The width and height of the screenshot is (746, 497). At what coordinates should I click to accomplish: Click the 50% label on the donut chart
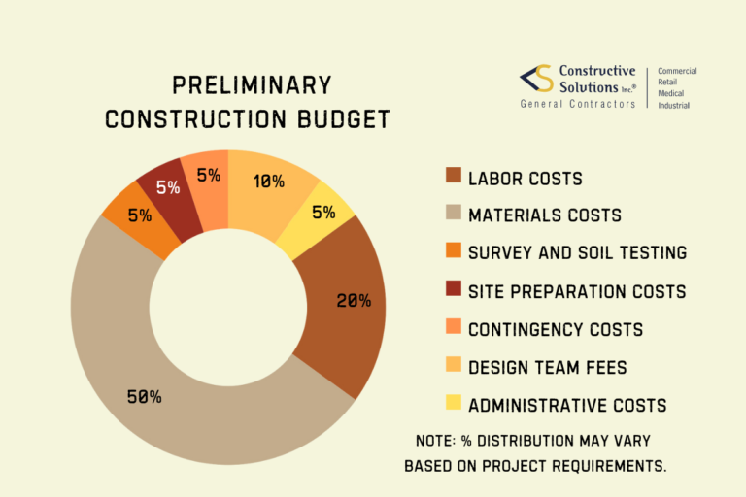(144, 396)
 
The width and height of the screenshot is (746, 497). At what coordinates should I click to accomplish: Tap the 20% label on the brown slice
(353, 301)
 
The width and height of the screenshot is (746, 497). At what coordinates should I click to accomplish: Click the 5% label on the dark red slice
(167, 187)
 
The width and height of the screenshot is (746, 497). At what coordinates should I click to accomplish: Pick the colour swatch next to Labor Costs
(452, 178)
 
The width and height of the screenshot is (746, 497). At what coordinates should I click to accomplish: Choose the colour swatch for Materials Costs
(452, 215)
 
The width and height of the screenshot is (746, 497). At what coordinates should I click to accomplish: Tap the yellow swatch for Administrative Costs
(452, 405)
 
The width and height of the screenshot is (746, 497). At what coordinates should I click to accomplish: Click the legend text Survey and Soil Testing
(577, 253)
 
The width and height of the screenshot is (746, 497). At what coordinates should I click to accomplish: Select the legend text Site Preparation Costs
(577, 291)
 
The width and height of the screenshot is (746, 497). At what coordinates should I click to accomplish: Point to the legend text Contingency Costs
(555, 329)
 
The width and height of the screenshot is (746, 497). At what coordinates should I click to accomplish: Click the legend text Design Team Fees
(547, 367)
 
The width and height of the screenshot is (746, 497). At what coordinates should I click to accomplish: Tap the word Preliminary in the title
(252, 85)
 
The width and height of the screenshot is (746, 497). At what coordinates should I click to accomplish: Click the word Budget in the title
(339, 119)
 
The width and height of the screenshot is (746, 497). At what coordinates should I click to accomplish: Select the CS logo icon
(535, 81)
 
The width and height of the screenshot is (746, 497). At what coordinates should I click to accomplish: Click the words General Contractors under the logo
(578, 104)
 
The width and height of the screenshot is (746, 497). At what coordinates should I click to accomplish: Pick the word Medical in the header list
(672, 94)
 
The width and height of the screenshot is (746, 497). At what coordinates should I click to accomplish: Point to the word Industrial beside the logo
(674, 105)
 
